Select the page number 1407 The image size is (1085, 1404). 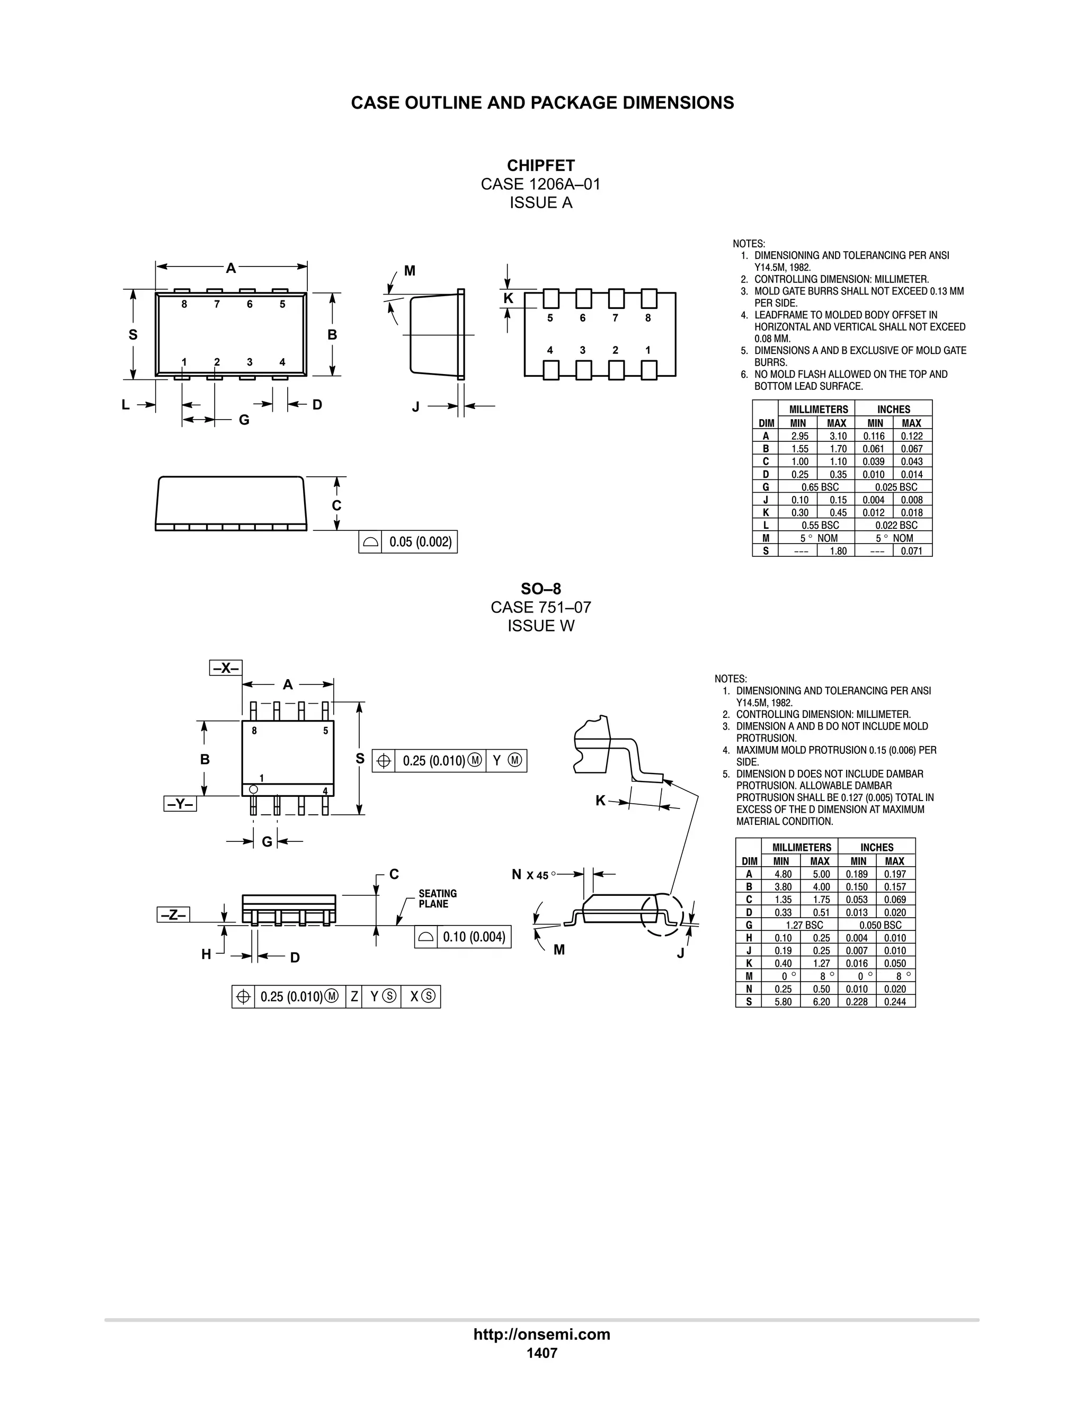pyautogui.click(x=542, y=1353)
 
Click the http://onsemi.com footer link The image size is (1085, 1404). pyautogui.click(x=542, y=1334)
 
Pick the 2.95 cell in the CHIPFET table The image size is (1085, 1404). pyautogui.click(x=799, y=436)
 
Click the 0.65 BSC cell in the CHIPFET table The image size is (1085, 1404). pyautogui.click(x=820, y=487)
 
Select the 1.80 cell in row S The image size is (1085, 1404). pyautogui.click(x=838, y=551)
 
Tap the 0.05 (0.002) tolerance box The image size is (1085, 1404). pyautogui.click(x=420, y=542)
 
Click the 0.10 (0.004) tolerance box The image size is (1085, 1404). pyautogui.click(x=474, y=937)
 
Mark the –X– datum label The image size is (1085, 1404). pyautogui.click(x=226, y=668)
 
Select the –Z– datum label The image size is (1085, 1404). pyautogui.click(x=173, y=914)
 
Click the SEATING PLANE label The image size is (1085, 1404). pyautogui.click(x=438, y=899)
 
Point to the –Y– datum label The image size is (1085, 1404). pyautogui.click(x=180, y=804)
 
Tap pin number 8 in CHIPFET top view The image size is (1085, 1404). pyautogui.click(x=184, y=305)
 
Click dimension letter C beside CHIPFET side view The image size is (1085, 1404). pyautogui.click(x=336, y=506)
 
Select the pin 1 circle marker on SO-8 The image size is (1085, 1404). pyautogui.click(x=253, y=789)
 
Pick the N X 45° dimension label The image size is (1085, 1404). pyautogui.click(x=533, y=875)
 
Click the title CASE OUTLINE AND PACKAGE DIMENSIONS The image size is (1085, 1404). pyautogui.click(x=542, y=103)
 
